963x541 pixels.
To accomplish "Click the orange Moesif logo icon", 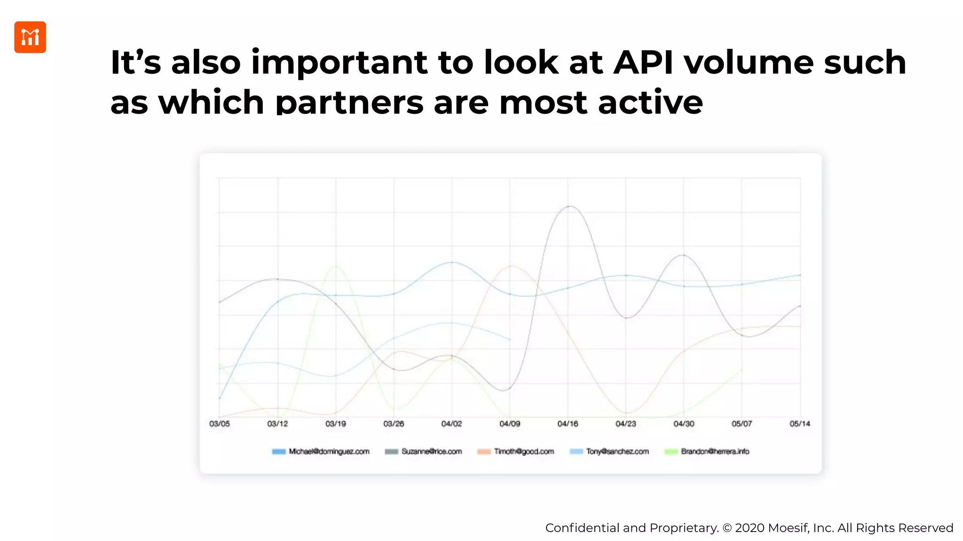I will tap(30, 37).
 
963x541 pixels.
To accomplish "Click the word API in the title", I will tap(643, 62).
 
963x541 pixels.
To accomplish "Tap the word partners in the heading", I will tap(349, 102).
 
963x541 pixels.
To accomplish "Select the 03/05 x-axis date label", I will tap(220, 424).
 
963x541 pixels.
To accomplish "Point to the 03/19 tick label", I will tap(336, 424).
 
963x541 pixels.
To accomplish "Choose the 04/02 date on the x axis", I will tap(451, 424).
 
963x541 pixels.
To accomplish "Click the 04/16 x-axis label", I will tap(568, 424).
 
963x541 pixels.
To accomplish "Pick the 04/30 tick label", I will tap(684, 424).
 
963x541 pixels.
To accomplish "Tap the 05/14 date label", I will tap(800, 424).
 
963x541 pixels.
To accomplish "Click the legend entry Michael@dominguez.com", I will tap(329, 451).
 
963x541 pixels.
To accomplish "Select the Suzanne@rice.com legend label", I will tap(431, 451).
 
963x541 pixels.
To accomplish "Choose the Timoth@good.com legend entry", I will tap(524, 451).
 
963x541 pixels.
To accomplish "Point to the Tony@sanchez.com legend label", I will tap(617, 451).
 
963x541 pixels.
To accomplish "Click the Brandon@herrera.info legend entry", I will tap(715, 451).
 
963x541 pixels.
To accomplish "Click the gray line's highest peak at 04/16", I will tap(569, 206).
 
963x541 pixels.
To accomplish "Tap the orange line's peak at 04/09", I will tap(511, 266).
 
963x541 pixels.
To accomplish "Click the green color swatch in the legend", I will tap(671, 452).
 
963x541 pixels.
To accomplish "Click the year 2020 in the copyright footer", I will tap(750, 528).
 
